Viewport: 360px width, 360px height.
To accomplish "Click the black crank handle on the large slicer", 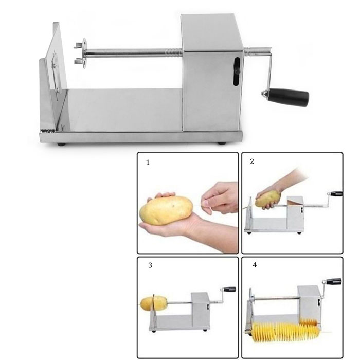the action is (x=288, y=98).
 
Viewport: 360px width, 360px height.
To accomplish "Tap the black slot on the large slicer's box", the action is (x=237, y=71).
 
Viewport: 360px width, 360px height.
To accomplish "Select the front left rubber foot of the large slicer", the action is (x=61, y=145).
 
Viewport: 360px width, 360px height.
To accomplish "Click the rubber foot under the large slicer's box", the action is (x=222, y=143).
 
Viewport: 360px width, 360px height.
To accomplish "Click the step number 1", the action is (x=148, y=163).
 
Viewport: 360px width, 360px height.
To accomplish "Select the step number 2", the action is (x=252, y=161).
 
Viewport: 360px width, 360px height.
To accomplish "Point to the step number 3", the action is (x=150, y=265).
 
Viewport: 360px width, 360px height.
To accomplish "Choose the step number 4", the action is (x=255, y=265).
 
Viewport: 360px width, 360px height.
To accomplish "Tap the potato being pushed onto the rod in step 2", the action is (x=268, y=199).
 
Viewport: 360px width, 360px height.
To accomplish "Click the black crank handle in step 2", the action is (x=336, y=194).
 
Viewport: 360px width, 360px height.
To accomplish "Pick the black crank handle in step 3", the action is (x=230, y=289).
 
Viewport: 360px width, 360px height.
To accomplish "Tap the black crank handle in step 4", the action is (x=334, y=281).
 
